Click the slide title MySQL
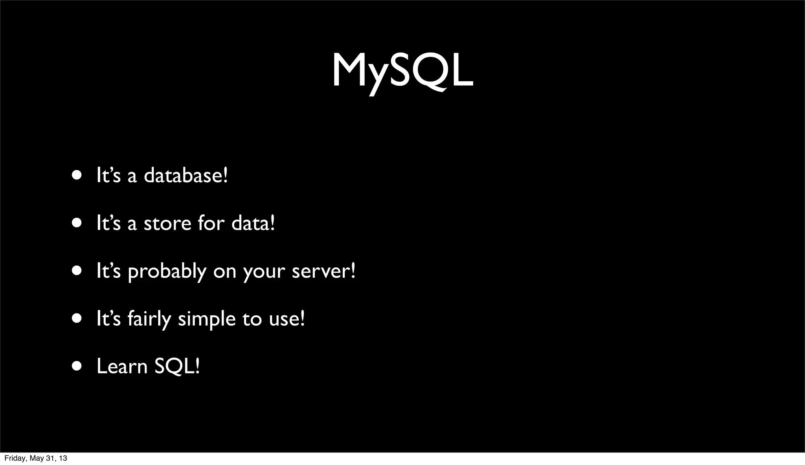pos(402,71)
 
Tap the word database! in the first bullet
pos(186,175)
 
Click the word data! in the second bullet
pos(253,223)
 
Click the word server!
pos(323,271)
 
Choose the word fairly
pos(149,319)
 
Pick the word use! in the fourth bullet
pos(287,319)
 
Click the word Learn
pos(122,366)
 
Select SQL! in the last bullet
pos(177,366)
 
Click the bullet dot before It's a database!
pos(77,175)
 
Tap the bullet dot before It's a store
pos(77,223)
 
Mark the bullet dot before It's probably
pos(77,271)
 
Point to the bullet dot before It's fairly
pos(77,319)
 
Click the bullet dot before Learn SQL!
pos(77,366)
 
